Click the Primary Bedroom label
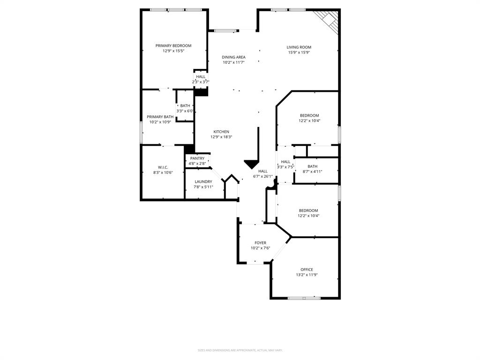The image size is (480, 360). coord(173,45)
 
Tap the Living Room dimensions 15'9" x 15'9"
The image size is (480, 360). coord(299,52)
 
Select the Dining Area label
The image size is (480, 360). coord(233,57)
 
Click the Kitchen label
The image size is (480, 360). coord(221,132)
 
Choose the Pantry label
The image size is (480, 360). coord(197,158)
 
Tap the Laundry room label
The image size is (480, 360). coord(203,181)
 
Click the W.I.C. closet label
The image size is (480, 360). coord(163,167)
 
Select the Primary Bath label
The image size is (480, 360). coord(160,117)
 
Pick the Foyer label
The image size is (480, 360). coord(260,243)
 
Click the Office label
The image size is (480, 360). coord(307,270)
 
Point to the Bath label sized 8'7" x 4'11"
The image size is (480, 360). coord(313,166)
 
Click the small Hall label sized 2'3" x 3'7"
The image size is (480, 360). coord(201,76)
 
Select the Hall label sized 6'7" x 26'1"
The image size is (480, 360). coord(262,171)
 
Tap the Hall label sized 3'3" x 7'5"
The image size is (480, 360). coord(285,162)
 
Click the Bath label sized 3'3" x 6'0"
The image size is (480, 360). coord(185,105)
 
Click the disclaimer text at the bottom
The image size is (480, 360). coord(240,350)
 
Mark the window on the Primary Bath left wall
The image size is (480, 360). coord(141,132)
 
